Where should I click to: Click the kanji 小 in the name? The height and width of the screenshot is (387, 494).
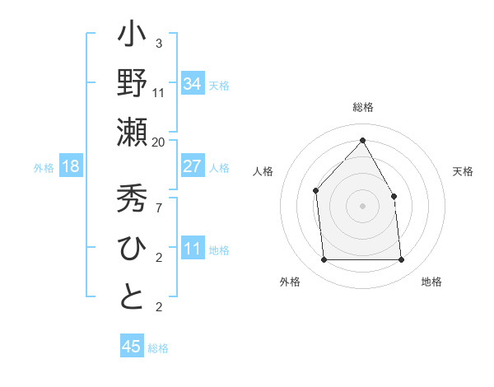(132, 38)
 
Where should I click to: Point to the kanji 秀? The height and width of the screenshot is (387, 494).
(132, 199)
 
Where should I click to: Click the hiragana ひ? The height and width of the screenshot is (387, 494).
(132, 249)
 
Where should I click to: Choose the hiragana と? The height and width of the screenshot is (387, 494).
(132, 297)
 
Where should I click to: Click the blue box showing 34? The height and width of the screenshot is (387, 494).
(192, 84)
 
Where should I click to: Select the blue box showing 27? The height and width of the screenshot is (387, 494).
(192, 166)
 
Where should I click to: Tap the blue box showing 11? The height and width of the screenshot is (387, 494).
(192, 249)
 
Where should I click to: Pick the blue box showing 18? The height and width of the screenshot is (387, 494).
(70, 166)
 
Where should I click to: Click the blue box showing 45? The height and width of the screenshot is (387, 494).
(132, 347)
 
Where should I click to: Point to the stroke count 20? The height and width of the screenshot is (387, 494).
(159, 142)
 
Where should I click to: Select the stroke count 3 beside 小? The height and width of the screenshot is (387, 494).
(159, 43)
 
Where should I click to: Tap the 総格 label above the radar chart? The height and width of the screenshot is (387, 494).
(362, 107)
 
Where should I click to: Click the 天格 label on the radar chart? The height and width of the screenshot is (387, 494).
(464, 171)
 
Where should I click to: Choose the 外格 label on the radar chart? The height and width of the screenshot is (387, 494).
(290, 282)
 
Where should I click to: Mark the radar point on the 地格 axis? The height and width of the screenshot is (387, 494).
(402, 260)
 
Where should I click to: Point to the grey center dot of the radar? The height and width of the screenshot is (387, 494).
(362, 206)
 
